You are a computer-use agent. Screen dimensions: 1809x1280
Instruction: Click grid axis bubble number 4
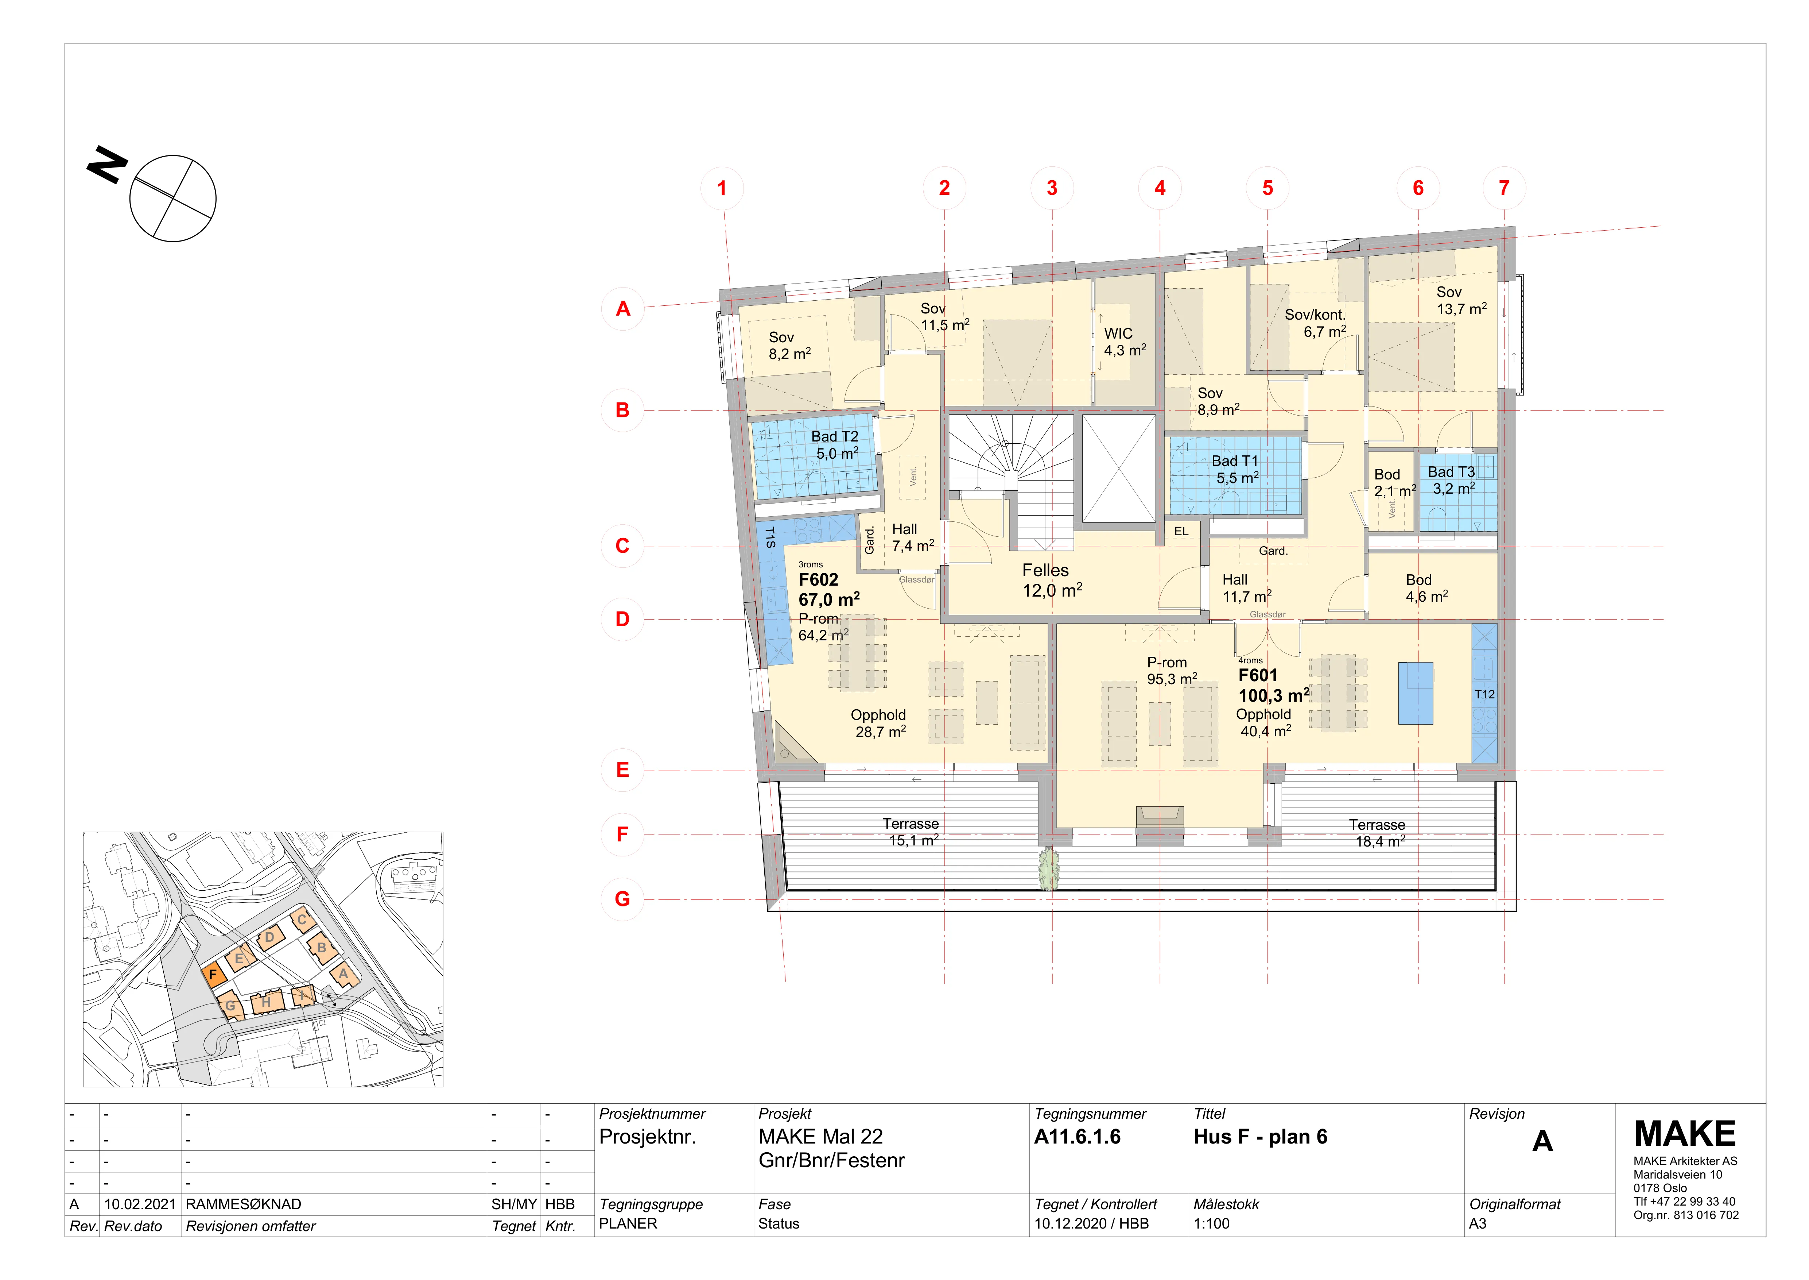tap(1160, 188)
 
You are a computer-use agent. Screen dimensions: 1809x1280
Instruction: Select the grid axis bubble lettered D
tap(622, 620)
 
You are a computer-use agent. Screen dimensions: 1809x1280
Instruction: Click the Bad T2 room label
tap(835, 437)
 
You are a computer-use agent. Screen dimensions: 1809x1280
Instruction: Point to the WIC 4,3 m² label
tap(1124, 342)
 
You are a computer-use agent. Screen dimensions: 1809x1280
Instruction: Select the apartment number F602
tap(819, 580)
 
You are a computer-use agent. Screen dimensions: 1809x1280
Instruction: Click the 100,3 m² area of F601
tap(1274, 695)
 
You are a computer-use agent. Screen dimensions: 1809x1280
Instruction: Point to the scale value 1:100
tap(1212, 1224)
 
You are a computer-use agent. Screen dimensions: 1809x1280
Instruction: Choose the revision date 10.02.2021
tap(139, 1204)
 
